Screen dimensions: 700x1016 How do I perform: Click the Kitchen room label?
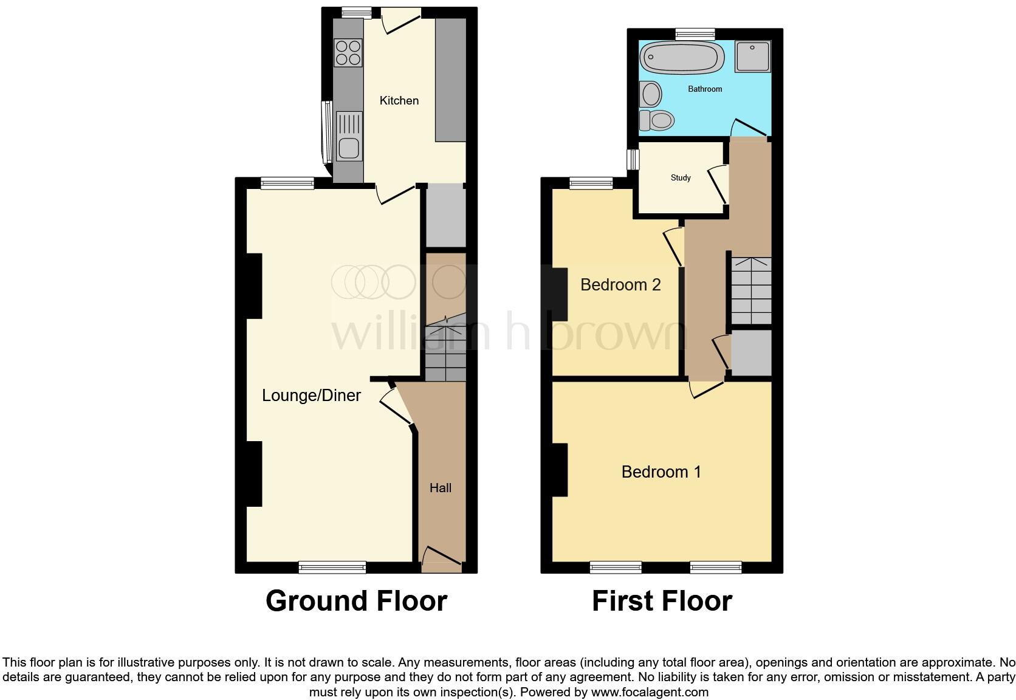(399, 101)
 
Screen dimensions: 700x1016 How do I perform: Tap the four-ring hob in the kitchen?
(348, 52)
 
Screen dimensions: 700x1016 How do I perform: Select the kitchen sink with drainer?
(348, 137)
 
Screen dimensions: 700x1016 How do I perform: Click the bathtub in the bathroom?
(682, 57)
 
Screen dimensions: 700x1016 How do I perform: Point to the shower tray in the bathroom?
(753, 57)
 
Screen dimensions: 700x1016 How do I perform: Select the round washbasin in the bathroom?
(651, 95)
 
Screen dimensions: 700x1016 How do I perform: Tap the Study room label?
(681, 178)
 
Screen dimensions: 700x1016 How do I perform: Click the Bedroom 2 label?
(620, 285)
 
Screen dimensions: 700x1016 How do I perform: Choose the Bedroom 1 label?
(661, 472)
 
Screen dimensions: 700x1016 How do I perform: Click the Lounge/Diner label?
(311, 396)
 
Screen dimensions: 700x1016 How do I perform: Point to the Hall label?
(441, 488)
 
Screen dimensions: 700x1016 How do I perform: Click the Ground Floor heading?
(356, 601)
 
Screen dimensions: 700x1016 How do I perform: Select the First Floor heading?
(662, 601)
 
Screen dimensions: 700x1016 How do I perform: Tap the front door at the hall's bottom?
(442, 559)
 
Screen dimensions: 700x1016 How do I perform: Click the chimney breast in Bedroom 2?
(560, 294)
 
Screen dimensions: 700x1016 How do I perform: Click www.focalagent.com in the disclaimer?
(650, 692)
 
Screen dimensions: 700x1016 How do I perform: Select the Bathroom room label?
(705, 89)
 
